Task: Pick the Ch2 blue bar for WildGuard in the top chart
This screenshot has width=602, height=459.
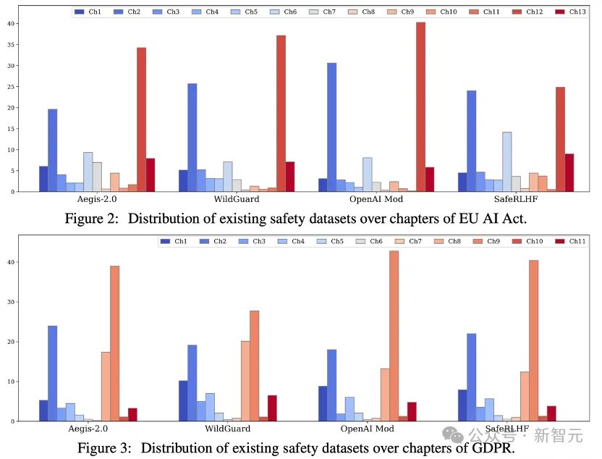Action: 192,138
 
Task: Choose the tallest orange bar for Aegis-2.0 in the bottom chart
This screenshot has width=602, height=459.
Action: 114,343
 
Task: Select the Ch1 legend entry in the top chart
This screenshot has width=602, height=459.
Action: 88,12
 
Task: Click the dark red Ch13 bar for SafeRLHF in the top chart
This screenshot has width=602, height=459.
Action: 569,172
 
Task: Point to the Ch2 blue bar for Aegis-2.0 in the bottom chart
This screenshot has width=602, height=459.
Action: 52,373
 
